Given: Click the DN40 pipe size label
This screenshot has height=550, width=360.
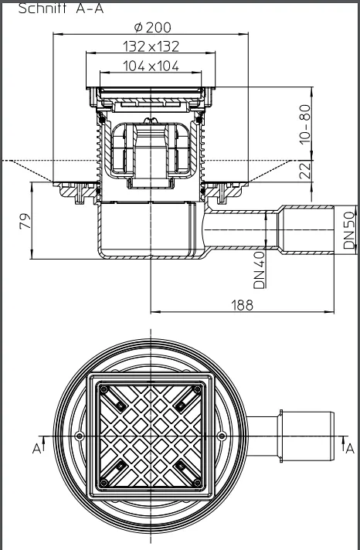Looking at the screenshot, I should [260, 268].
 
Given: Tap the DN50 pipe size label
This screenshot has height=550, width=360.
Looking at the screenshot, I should [348, 230].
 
